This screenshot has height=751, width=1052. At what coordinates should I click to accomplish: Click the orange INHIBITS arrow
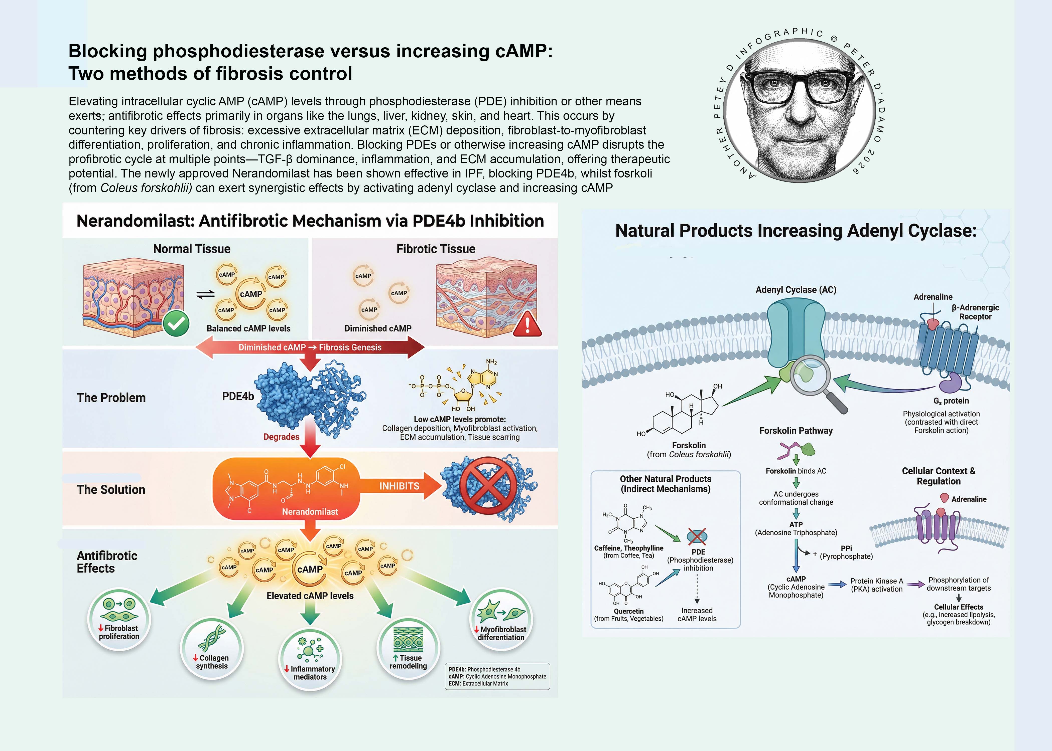point(401,486)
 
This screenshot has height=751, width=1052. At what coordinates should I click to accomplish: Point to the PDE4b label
point(238,396)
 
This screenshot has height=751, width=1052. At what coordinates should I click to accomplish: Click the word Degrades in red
point(281,437)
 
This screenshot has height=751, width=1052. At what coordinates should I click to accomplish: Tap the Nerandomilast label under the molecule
point(310,511)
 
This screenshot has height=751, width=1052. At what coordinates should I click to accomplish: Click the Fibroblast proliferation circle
point(119,619)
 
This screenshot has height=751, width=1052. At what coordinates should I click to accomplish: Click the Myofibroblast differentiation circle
point(501,619)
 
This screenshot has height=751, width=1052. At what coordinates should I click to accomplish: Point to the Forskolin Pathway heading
point(796,431)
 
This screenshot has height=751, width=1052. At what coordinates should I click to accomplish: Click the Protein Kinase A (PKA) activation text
point(877,585)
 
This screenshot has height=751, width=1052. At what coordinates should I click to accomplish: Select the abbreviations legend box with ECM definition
point(497,676)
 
